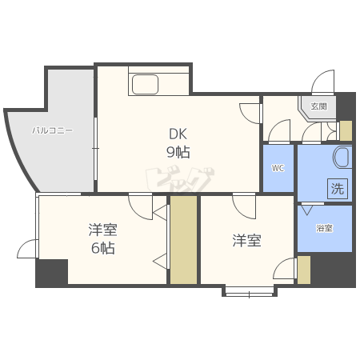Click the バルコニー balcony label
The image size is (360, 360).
53,129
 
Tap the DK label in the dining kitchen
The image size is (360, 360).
178,134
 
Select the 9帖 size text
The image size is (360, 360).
178,151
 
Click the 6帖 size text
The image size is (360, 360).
102,248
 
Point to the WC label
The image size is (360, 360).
278,168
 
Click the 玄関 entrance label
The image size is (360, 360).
318,106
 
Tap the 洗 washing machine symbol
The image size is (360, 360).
337,190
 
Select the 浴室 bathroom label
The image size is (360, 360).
324,229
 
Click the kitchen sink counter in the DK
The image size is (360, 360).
158,82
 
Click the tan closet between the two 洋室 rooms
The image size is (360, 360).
183,239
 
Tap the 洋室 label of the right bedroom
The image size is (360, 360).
246,240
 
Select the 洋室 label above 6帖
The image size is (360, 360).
102,230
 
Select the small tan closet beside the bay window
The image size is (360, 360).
304,270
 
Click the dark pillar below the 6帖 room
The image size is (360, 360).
51,273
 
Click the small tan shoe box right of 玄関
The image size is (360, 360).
346,130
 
